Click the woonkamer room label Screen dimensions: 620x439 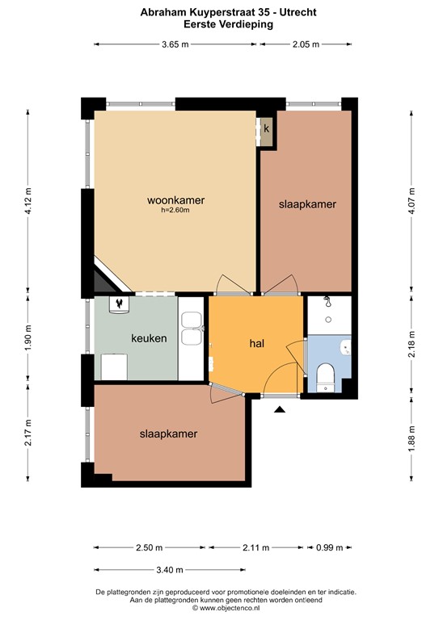coord(175,200)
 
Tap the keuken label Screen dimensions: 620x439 coord(149,338)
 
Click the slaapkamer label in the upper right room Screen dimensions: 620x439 coord(307,204)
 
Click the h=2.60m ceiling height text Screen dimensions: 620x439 coord(175,211)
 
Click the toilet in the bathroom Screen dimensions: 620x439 coord(326,375)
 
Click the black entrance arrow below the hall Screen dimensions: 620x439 coord(280,410)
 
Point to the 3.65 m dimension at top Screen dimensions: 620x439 coord(174,44)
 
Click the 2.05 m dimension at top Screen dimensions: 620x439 coord(305,44)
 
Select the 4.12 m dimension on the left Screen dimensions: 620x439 coord(29,197)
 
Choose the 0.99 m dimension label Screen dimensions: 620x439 coord(329,548)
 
